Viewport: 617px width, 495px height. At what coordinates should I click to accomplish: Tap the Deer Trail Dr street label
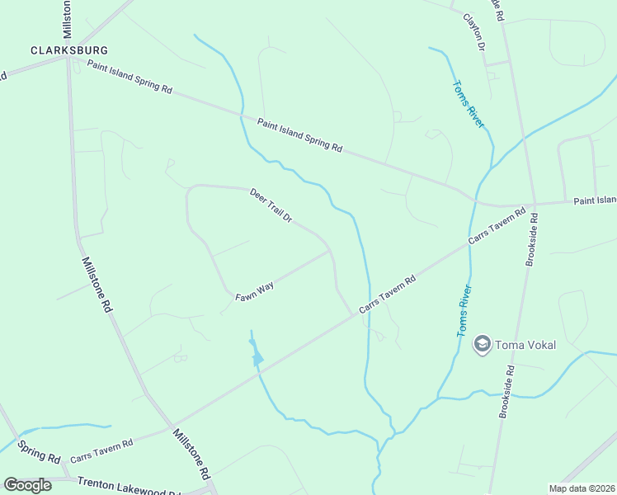(271, 205)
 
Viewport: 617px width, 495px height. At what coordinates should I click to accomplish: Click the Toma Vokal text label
(525, 344)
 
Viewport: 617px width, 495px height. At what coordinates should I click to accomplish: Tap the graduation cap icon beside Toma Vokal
(483, 344)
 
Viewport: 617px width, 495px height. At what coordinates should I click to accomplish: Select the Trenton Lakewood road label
(128, 486)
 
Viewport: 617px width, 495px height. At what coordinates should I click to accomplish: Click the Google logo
(27, 485)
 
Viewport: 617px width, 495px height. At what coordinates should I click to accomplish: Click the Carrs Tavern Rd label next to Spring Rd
(101, 450)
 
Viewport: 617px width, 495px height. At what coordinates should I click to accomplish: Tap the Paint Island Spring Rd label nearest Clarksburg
(130, 77)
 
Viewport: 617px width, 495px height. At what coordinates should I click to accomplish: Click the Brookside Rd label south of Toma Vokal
(506, 392)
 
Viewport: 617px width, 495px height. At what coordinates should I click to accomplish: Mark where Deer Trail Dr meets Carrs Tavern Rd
(352, 314)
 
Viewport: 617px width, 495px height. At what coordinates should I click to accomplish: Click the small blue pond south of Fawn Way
(257, 357)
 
